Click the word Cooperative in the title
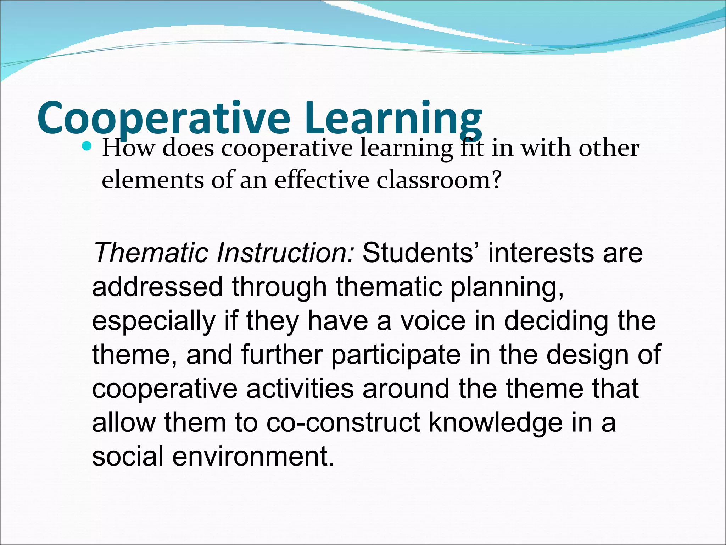pos(163,119)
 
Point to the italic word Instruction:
pos(285,253)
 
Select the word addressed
pos(157,287)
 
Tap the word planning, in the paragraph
pos(507,287)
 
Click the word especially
pos(153,320)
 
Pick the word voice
pos(433,320)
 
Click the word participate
pos(396,354)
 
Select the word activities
pos(300,388)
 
